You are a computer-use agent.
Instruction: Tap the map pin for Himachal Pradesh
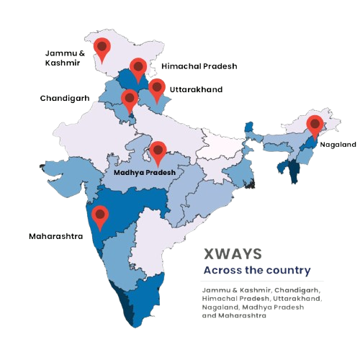(138, 69)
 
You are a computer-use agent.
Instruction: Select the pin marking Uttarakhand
(157, 89)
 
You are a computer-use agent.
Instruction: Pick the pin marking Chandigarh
(129, 100)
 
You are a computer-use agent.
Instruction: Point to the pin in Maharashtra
(101, 215)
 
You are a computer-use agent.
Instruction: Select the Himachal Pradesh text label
(199, 66)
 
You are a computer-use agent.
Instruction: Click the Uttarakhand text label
(197, 90)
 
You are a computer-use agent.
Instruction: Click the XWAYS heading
(232, 254)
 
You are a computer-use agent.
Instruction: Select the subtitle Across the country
(256, 271)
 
